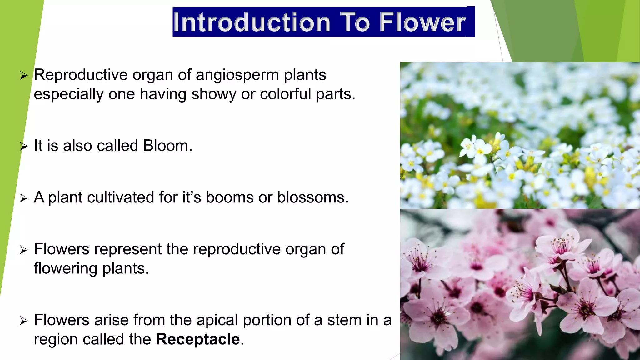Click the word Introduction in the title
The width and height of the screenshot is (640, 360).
pyautogui.click(x=252, y=22)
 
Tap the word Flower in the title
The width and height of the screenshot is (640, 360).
pyautogui.click(x=422, y=22)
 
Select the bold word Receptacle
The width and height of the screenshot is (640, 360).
pyautogui.click(x=198, y=339)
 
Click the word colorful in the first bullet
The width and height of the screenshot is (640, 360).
pyautogui.click(x=286, y=94)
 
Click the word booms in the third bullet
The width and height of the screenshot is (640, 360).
pyautogui.click(x=230, y=197)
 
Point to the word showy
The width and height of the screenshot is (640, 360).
pyautogui.click(x=214, y=94)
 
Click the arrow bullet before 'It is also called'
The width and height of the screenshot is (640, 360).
pyautogui.click(x=24, y=146)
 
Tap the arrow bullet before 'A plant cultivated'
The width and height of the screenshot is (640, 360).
pyautogui.click(x=24, y=198)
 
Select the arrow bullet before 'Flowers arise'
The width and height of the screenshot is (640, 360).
pyautogui.click(x=24, y=321)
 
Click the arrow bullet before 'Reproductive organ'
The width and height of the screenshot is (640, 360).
pyautogui.click(x=24, y=75)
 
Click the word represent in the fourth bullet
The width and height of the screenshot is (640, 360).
pyautogui.click(x=128, y=249)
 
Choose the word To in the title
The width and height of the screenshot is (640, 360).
pyautogui.click(x=355, y=22)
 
